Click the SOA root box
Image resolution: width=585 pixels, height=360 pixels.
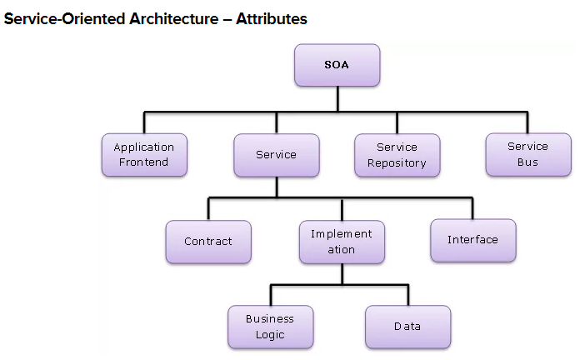tap(337, 65)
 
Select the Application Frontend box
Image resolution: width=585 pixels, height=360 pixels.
tap(143, 155)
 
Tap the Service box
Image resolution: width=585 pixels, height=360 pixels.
tap(276, 155)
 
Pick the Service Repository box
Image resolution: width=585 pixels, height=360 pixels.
tap(397, 155)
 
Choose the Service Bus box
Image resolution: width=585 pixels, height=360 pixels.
tap(527, 154)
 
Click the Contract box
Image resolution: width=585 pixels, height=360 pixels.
tap(208, 242)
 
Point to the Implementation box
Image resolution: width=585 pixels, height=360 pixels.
tap(342, 242)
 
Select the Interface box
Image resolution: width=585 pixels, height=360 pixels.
tap(472, 240)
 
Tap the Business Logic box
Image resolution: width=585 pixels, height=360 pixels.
tap(270, 327)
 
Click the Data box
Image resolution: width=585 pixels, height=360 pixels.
tap(407, 327)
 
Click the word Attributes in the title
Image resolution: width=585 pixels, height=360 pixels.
tap(272, 18)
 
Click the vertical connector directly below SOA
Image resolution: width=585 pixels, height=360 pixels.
tap(337, 98)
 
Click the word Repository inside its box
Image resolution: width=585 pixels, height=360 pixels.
tap(397, 163)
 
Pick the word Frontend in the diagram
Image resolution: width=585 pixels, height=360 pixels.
tap(143, 162)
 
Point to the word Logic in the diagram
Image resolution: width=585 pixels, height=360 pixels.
tap(270, 335)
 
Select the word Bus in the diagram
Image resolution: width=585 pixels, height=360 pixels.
tap(527, 162)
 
